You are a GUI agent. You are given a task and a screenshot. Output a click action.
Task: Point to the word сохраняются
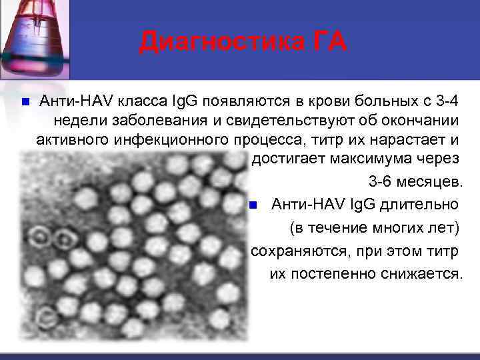pos(291,251)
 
